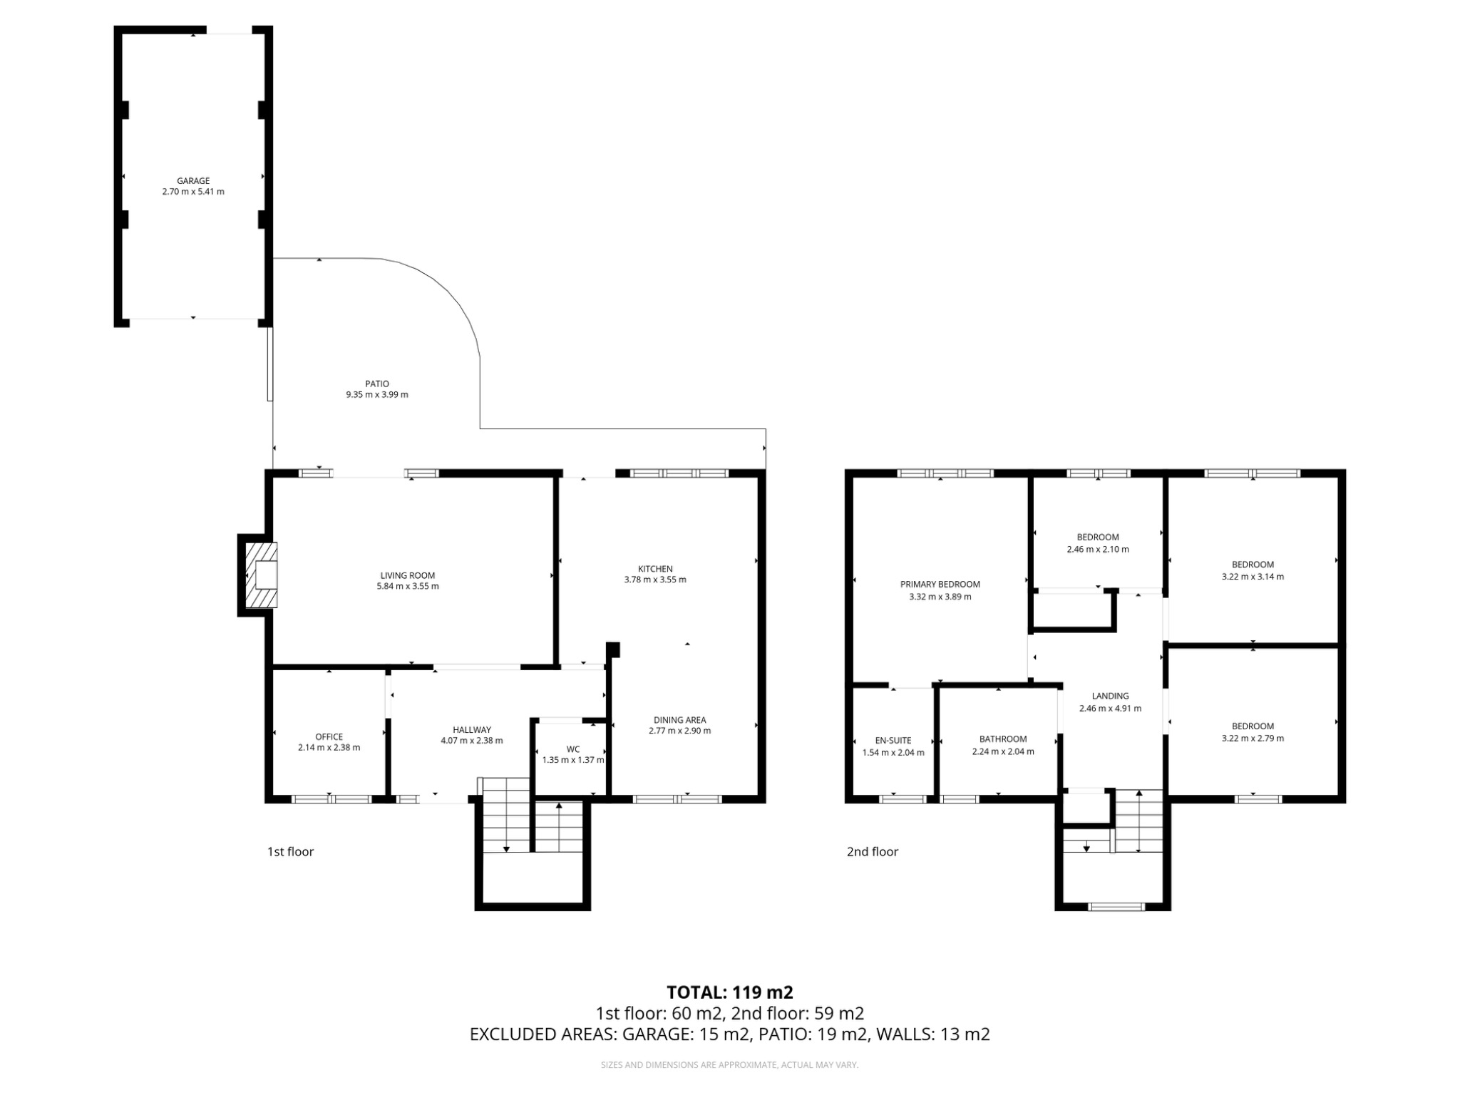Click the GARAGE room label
point(193,181)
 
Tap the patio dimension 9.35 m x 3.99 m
point(377,394)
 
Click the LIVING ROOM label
point(407,575)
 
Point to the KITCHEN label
point(654,569)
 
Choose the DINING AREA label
point(679,720)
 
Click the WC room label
point(573,749)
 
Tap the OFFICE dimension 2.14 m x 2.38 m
point(329,748)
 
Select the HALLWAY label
point(471,730)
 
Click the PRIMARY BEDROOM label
point(940,585)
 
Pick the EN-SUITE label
point(893,741)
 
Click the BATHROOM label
point(1002,739)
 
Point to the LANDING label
point(1110,696)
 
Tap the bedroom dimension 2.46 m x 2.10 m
point(1097,550)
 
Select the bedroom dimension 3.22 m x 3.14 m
point(1252,577)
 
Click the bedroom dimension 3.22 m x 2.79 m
point(1252,739)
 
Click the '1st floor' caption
point(290,851)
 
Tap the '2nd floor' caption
point(872,851)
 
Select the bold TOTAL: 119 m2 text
point(729,992)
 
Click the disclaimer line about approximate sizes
point(729,1065)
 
